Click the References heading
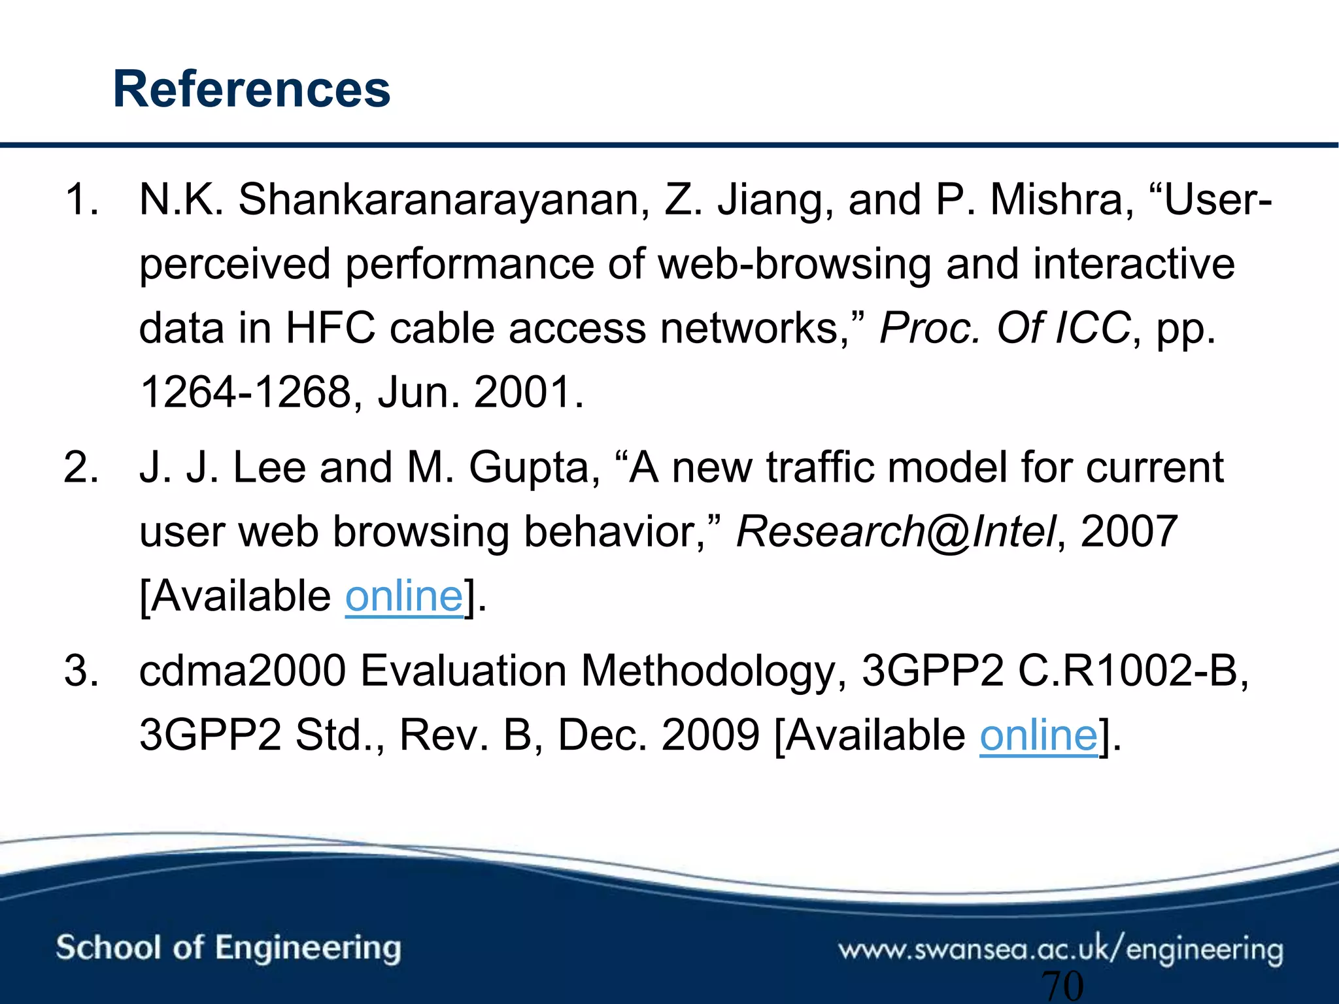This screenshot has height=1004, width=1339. click(252, 90)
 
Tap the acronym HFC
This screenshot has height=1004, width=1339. click(330, 327)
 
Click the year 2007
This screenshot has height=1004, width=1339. click(1129, 531)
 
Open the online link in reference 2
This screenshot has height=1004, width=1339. click(403, 596)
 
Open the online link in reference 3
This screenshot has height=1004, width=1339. click(1038, 735)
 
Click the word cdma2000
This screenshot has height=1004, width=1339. click(242, 671)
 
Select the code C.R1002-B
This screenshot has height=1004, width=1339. click(1133, 671)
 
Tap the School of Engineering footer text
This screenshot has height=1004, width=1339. click(228, 948)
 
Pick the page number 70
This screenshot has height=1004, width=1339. click(1062, 986)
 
